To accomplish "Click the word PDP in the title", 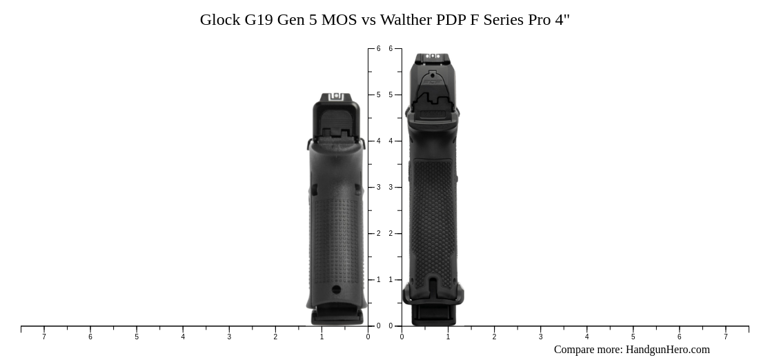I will pyautogui.click(x=451, y=20).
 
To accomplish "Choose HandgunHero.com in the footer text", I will pyautogui.click(x=667, y=350).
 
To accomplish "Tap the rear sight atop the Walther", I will pyautogui.click(x=433, y=57).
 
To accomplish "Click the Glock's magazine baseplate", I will pyautogui.click(x=337, y=317).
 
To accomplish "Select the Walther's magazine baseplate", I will pyautogui.click(x=433, y=315).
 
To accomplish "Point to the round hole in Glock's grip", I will pyautogui.click(x=337, y=290).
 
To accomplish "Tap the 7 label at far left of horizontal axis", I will pyautogui.click(x=44, y=337).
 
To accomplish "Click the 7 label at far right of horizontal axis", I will pyautogui.click(x=725, y=337).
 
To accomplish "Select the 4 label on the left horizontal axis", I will pyautogui.click(x=183, y=337).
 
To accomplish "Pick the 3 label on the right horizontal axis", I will pyautogui.click(x=540, y=337).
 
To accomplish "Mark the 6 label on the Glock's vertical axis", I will pyautogui.click(x=378, y=49).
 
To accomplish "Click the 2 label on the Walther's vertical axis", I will pyautogui.click(x=391, y=234).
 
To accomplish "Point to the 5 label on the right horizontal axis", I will pyautogui.click(x=633, y=337).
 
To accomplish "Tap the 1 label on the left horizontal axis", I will pyautogui.click(x=322, y=337).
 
